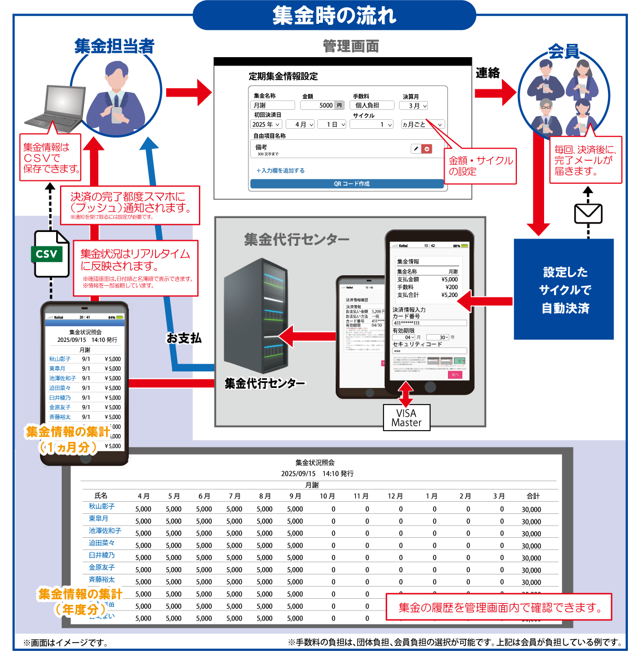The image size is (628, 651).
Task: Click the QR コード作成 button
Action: click(x=347, y=184)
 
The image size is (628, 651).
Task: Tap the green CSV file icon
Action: click(x=51, y=254)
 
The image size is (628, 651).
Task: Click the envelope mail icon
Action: click(x=588, y=213)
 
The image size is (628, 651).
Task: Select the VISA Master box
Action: click(x=406, y=417)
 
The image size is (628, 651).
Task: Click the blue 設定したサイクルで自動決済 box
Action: click(x=564, y=289)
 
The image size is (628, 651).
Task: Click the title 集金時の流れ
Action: click(x=334, y=15)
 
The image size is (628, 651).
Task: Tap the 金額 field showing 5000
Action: click(x=322, y=105)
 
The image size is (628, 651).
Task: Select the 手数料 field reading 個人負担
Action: click(x=373, y=105)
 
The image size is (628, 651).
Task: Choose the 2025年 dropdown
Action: click(x=266, y=125)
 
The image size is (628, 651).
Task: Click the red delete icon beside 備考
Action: click(x=427, y=149)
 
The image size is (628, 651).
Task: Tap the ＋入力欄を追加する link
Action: click(x=280, y=171)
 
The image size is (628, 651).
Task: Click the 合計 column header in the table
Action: click(x=532, y=496)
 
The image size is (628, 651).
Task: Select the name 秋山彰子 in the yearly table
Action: click(x=102, y=506)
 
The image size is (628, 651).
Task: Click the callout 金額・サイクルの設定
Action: click(x=481, y=165)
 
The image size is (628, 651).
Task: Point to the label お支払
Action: click(x=184, y=338)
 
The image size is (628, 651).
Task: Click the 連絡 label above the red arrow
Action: click(x=487, y=73)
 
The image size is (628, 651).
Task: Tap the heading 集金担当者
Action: click(x=114, y=46)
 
